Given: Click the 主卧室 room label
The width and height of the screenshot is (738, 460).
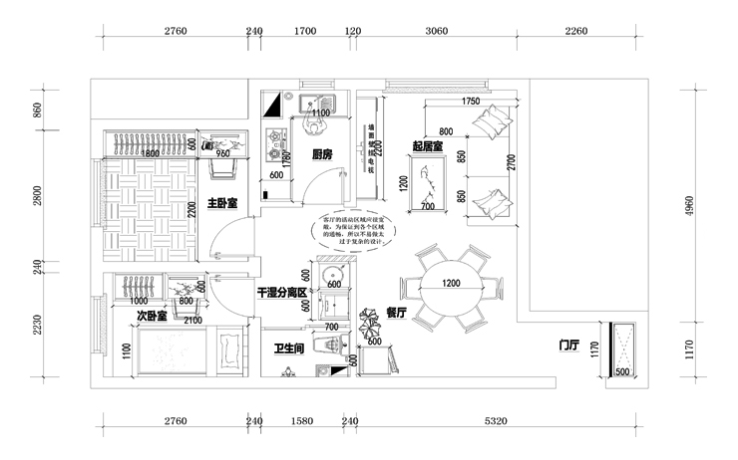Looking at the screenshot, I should click(221, 203).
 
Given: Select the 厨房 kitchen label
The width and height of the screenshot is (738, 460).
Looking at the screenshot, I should click(322, 154).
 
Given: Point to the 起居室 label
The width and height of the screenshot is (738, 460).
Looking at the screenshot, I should click(427, 146).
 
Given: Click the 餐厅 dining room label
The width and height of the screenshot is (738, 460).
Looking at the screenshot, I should click(397, 312).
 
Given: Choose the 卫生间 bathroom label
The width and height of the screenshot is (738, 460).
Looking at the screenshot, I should click(289, 348).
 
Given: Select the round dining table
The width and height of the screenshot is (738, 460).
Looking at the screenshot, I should click(452, 286).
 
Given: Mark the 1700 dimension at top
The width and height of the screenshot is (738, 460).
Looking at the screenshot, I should click(305, 31).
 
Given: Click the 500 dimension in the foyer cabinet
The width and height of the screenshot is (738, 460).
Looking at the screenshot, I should click(623, 372).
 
